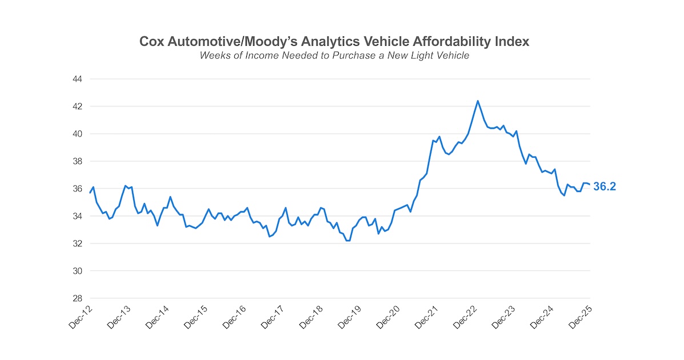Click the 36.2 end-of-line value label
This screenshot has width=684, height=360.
[x=604, y=186]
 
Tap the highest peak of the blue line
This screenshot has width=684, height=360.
[x=477, y=101]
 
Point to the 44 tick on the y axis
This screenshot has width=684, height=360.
[x=77, y=79]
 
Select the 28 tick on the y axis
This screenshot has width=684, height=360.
[x=77, y=298]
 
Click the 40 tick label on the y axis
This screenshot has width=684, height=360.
[x=77, y=134]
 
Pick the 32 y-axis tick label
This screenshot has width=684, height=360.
[x=77, y=243]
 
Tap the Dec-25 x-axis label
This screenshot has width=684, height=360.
[x=581, y=317]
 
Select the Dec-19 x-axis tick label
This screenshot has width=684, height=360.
[x=350, y=317]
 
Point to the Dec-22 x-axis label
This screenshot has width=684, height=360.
[x=466, y=317]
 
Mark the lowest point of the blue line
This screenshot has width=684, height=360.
[x=347, y=241]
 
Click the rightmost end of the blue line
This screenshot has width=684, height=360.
[x=589, y=184]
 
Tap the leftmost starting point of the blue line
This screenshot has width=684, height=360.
[x=90, y=193]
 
